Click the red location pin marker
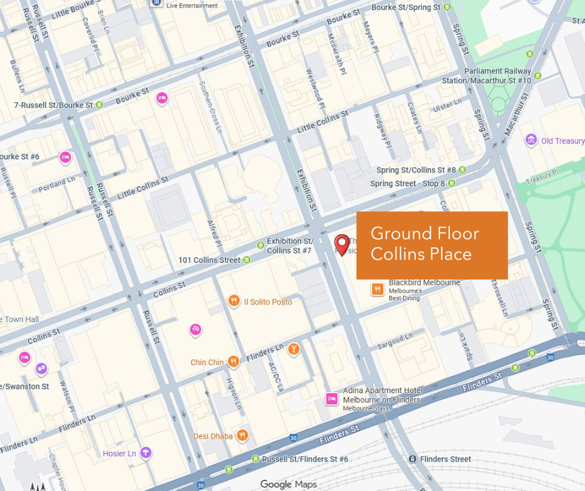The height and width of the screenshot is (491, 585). (x=342, y=243)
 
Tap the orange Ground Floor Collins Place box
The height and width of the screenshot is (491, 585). (x=432, y=245)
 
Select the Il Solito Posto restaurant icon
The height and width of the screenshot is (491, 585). (x=234, y=302)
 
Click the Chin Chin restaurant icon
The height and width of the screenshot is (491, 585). (x=233, y=361)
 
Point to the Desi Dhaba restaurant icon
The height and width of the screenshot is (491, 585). (x=243, y=436)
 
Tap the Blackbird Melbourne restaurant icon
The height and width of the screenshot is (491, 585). (x=377, y=289)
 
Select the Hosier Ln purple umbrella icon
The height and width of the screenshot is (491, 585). (x=146, y=453)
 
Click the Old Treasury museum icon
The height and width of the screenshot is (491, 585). (x=531, y=140)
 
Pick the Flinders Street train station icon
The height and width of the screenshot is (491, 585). (x=412, y=459)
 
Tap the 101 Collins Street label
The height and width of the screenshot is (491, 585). (x=209, y=260)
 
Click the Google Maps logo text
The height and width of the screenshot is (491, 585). (x=288, y=484)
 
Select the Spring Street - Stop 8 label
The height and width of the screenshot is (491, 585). (x=408, y=184)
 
